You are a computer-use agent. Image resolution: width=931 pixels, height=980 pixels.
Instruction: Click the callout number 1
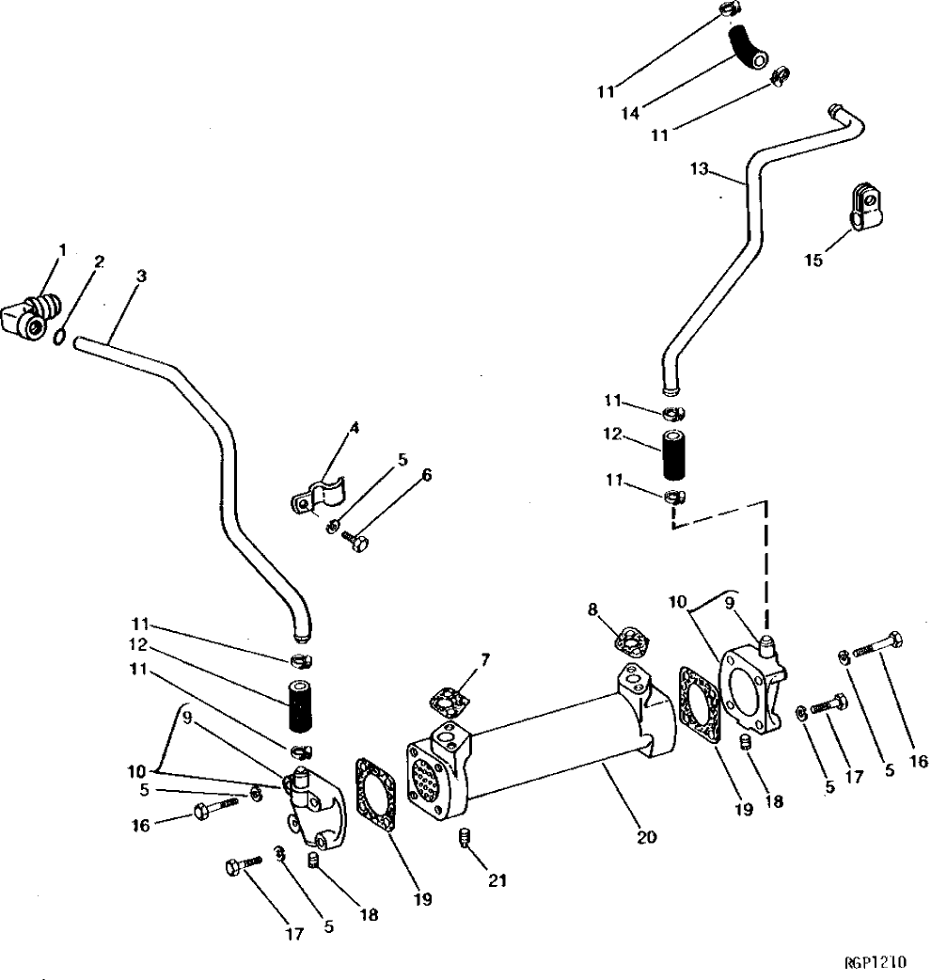click(x=63, y=250)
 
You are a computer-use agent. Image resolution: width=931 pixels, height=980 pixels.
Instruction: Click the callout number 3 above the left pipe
click(x=141, y=278)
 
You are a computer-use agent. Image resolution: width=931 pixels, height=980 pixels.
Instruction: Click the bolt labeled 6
click(x=354, y=540)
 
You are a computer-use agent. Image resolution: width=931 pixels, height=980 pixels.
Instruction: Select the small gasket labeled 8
click(x=629, y=642)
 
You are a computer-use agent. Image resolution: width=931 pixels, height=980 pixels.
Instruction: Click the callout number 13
click(x=697, y=169)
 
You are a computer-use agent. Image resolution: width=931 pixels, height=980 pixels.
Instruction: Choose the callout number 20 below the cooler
click(x=646, y=835)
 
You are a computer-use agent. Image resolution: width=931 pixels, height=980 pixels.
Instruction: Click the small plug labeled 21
click(x=464, y=836)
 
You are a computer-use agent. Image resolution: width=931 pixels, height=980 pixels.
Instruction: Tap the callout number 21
click(x=497, y=880)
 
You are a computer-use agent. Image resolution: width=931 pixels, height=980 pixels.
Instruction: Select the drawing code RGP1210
click(x=874, y=962)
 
